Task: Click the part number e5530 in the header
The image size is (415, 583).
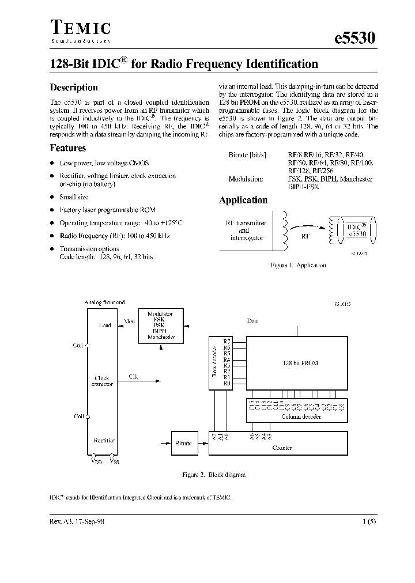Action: coord(354,39)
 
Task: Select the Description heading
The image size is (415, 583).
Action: coord(74,88)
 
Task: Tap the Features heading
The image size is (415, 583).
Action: coord(68,148)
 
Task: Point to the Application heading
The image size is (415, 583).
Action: coord(243,200)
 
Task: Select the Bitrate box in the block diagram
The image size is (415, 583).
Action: coord(184,443)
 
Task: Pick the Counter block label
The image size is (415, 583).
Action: coord(282,447)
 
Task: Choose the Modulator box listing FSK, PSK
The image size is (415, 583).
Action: coord(160,325)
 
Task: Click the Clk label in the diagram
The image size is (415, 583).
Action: coord(134,377)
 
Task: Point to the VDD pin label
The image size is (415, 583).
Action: coord(95,460)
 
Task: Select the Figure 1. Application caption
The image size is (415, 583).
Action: coord(298,265)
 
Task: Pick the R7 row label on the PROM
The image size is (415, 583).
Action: coord(227,342)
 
